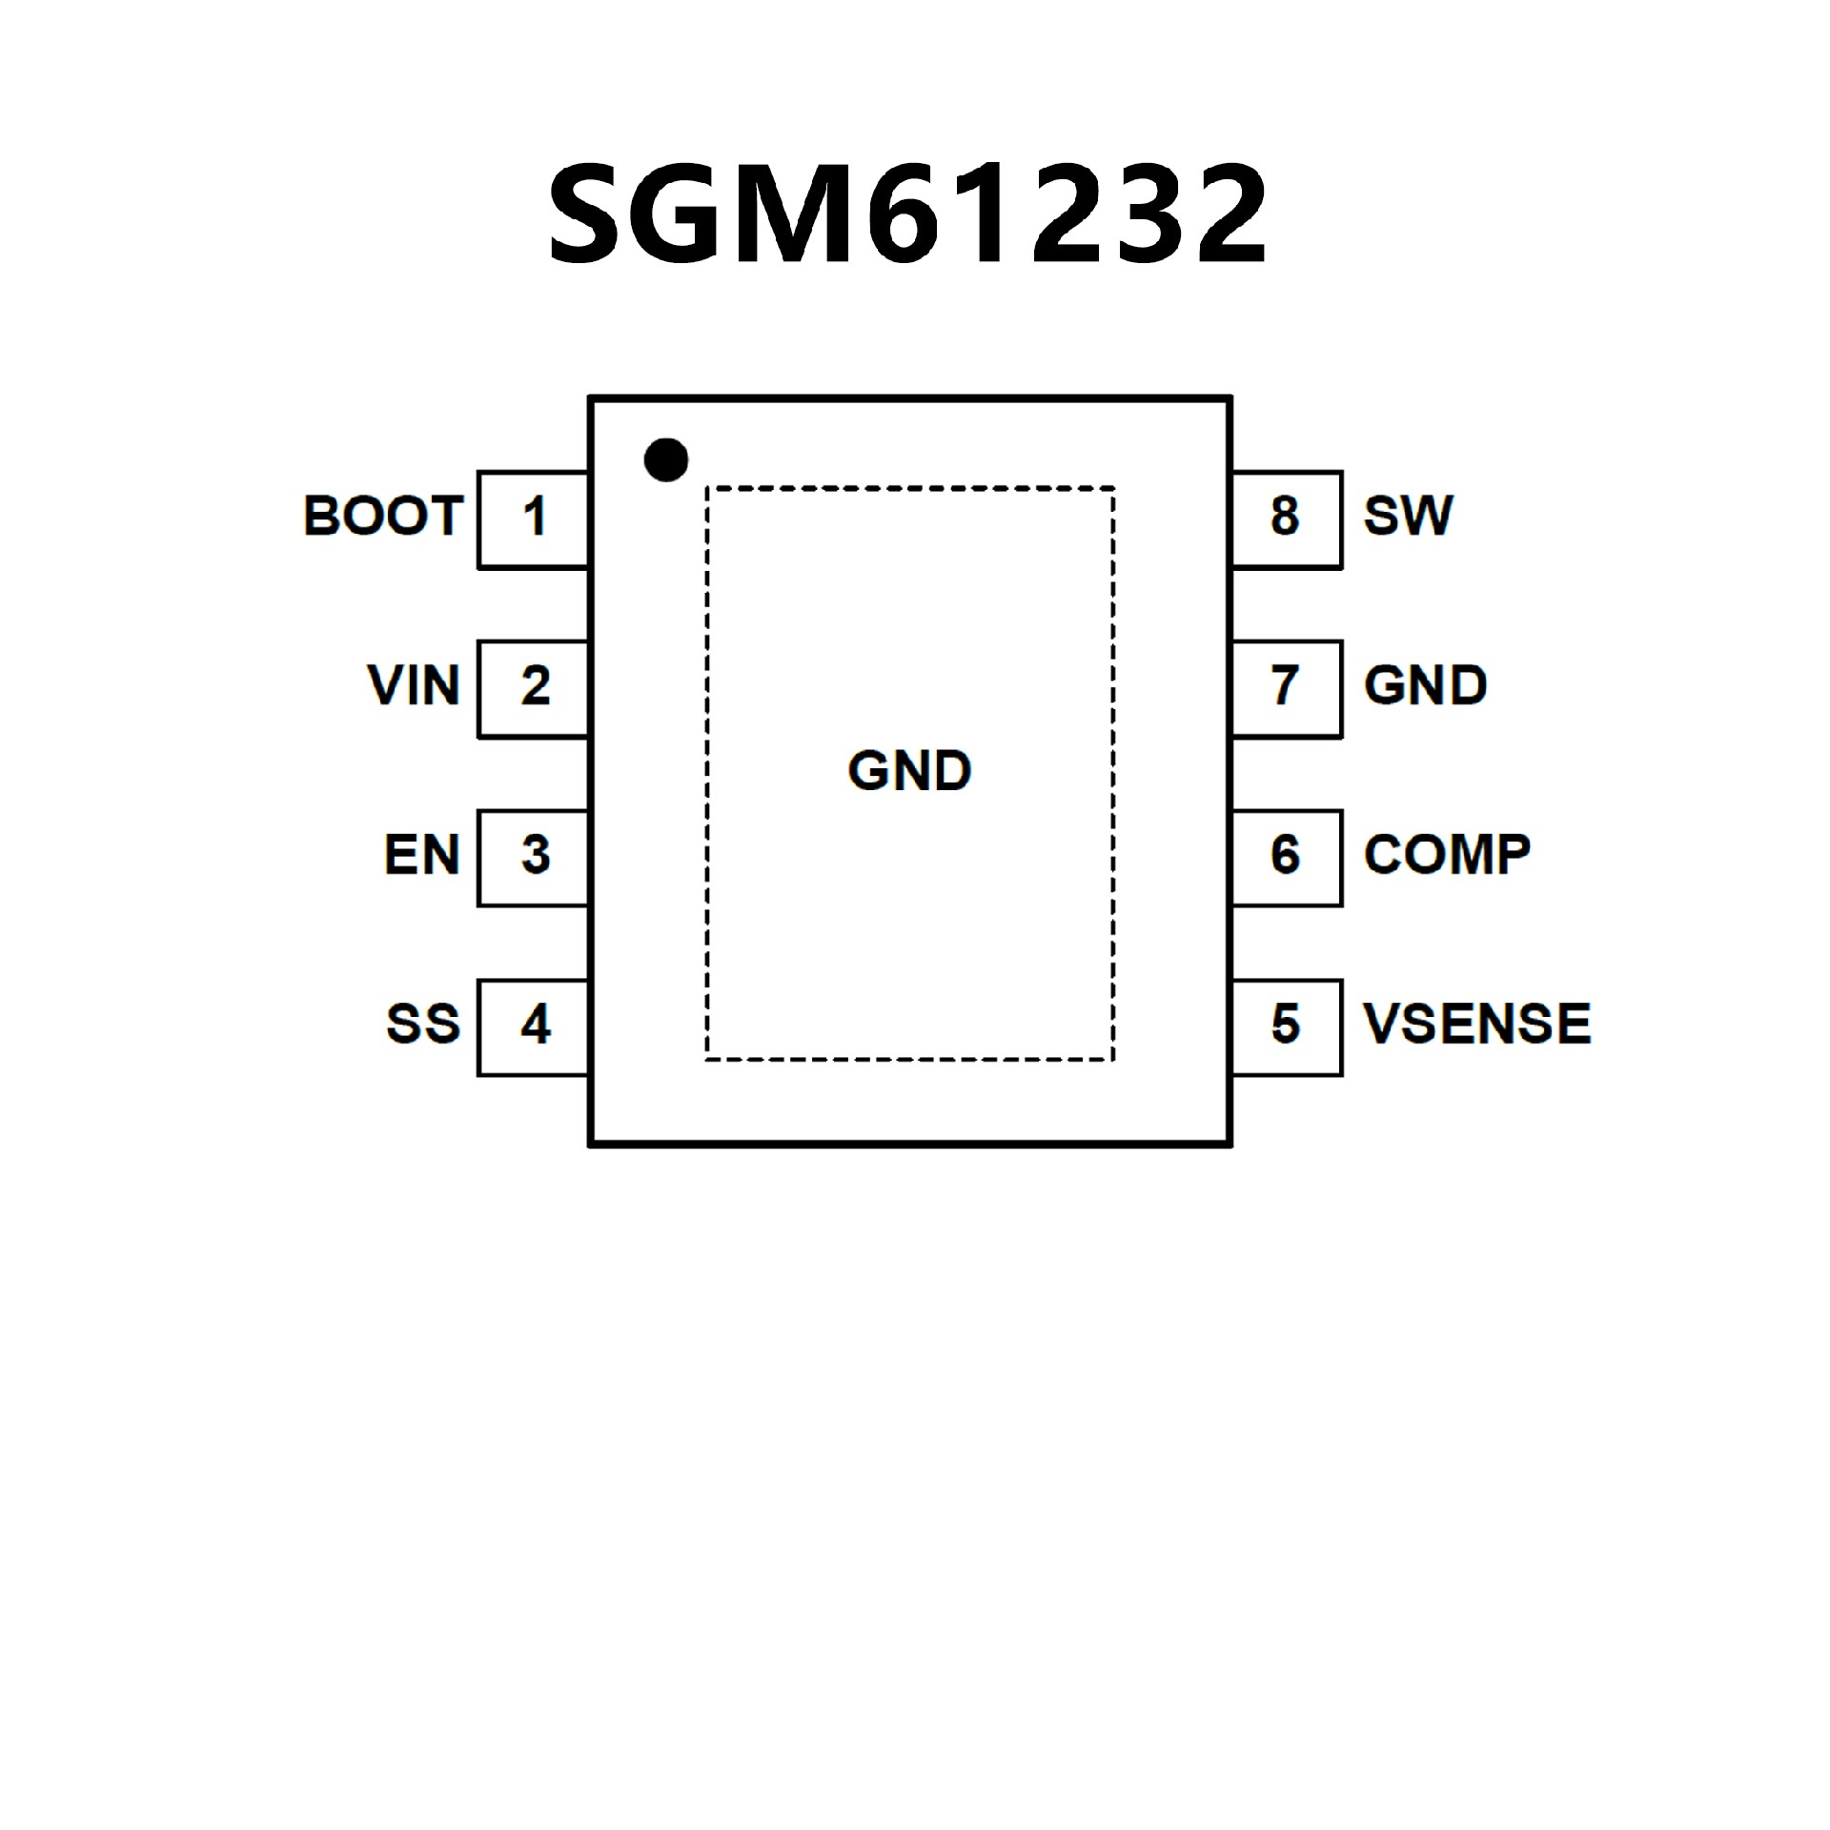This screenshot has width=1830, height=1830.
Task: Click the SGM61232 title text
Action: point(907,213)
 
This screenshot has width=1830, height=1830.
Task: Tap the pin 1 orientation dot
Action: point(665,460)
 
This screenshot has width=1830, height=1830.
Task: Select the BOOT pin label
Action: point(383,516)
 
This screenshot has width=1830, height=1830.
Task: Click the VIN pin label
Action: point(414,685)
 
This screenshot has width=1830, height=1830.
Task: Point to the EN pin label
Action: point(421,855)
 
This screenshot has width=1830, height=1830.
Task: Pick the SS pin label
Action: point(422,1024)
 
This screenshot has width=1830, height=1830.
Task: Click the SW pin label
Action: point(1408,516)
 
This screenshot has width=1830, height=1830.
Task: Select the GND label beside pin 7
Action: point(1425,685)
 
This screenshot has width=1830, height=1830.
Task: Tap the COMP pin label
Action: point(1446,855)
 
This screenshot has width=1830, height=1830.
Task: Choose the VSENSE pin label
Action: point(1476,1024)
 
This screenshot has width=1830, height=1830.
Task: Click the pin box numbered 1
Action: point(533,518)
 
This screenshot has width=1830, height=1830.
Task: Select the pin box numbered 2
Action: point(533,688)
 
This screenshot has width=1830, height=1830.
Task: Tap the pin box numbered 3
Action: point(533,857)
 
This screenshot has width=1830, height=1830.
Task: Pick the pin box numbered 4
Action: point(533,1027)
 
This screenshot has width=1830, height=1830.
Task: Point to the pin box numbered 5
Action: point(1287,1027)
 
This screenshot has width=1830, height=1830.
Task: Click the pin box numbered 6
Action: point(1287,857)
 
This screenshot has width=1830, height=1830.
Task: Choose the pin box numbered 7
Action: point(1287,688)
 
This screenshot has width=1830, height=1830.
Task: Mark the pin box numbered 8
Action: point(1287,518)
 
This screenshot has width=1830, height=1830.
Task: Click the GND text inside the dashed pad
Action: point(909,770)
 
